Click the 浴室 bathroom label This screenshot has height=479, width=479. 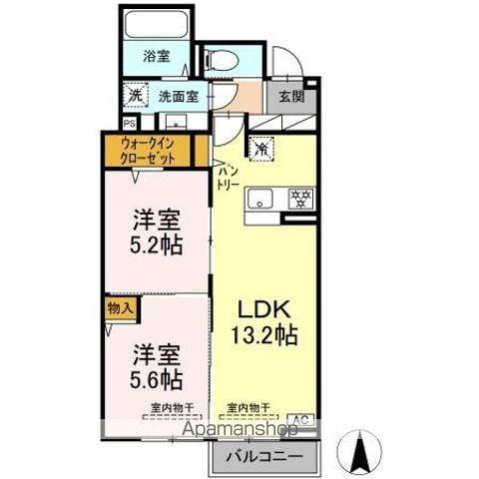coord(155,57)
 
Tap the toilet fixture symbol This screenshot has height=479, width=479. coord(222,61)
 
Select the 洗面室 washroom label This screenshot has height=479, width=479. coord(178,97)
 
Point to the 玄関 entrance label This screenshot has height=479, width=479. coord(290,97)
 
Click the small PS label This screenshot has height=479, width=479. coord(129,123)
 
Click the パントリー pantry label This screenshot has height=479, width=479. coord(229,179)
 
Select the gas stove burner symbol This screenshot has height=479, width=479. coord(297,198)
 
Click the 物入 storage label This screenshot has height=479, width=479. coord(120,308)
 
